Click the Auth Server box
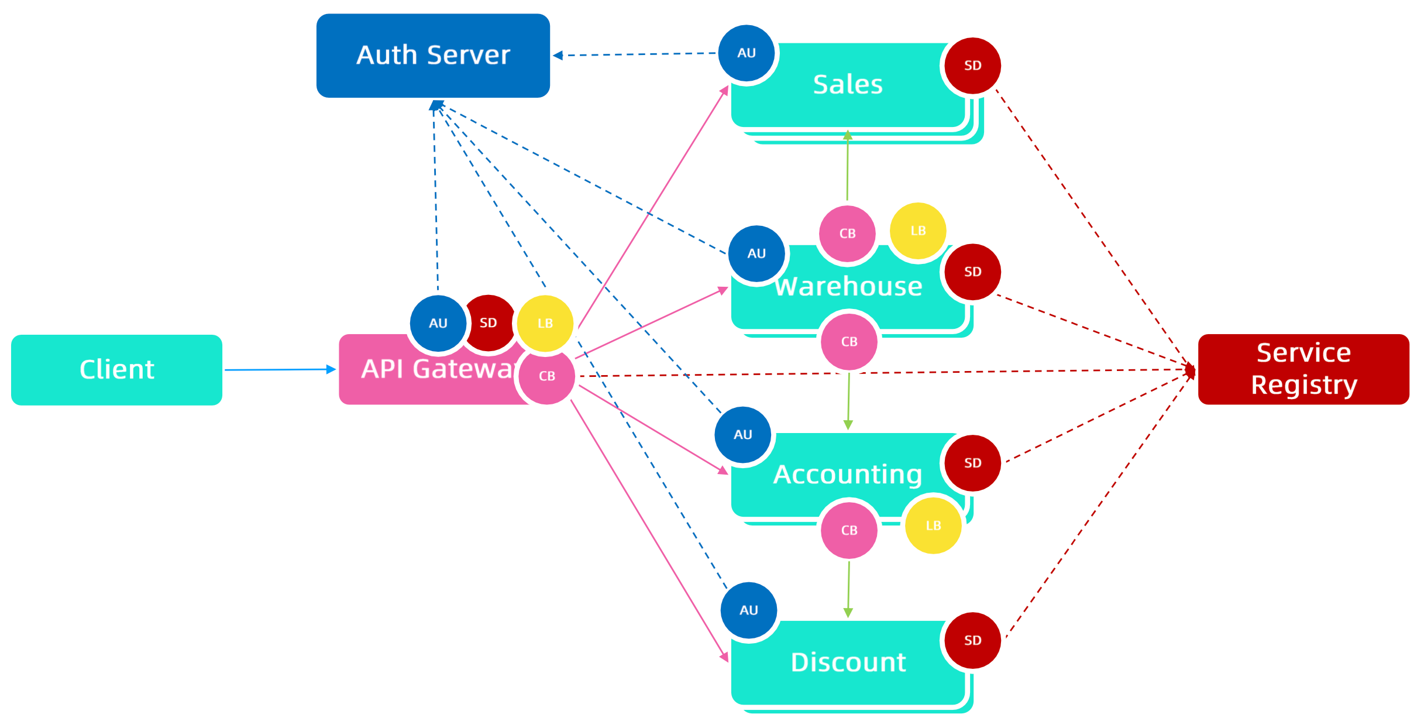[433, 56]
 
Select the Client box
[116, 370]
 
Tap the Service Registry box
[1303, 369]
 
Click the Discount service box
[848, 663]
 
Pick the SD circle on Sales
[972, 66]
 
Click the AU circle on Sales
[747, 53]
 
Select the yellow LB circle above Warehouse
[918, 231]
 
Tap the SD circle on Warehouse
[972, 272]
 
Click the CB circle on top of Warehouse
[847, 233]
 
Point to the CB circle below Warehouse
[849, 342]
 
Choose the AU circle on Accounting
[743, 435]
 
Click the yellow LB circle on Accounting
[933, 526]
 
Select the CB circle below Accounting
[849, 530]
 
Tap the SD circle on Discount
[972, 641]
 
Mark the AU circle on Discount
[749, 610]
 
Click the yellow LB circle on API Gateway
[545, 324]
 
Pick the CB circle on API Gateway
[547, 376]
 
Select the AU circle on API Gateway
[438, 324]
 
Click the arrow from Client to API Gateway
[280, 370]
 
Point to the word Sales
[848, 85]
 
